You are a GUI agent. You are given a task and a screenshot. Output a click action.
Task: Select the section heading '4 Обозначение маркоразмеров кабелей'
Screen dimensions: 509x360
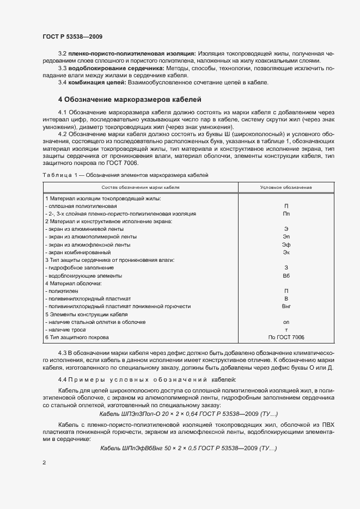tap(130, 100)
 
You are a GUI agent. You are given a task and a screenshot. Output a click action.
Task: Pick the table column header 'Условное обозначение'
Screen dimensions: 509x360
tap(286, 187)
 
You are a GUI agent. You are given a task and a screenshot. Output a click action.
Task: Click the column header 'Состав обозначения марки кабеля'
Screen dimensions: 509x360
tap(141, 187)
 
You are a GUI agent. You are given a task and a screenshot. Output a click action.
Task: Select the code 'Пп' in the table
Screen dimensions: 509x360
tap(286, 214)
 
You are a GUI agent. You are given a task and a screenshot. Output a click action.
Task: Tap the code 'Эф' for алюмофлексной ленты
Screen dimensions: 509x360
tap(286, 245)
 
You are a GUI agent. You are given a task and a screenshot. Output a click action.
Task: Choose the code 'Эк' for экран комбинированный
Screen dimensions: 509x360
tap(286, 253)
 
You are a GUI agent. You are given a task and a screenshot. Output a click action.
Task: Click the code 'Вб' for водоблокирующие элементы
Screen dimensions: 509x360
tap(286, 276)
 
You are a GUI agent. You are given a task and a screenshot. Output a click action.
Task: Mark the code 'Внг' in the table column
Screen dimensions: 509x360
tap(286, 307)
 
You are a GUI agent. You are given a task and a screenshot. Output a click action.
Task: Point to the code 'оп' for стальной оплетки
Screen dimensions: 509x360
tap(286, 322)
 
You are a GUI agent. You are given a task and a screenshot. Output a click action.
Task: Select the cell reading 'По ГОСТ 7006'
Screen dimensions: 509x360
tap(286, 338)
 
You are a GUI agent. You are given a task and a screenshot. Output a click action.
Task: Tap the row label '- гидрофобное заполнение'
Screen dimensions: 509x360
tap(80, 268)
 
